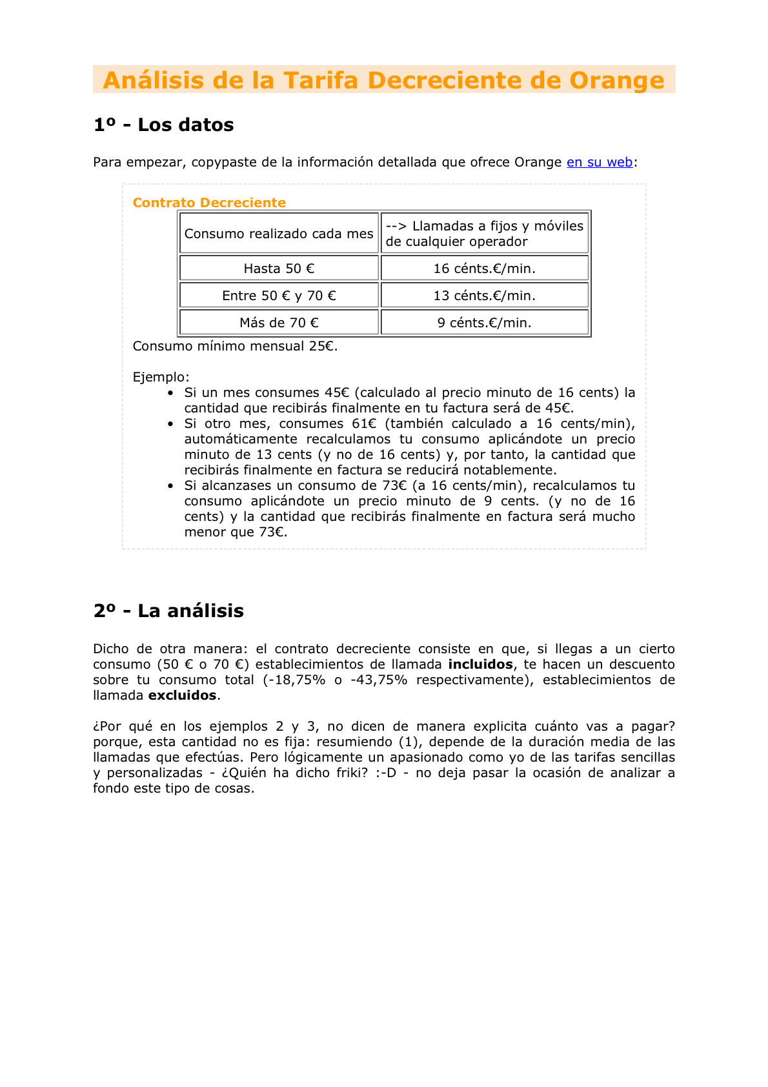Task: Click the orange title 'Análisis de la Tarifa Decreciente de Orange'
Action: pyautogui.click(x=383, y=80)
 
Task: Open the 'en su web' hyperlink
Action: pyautogui.click(x=599, y=162)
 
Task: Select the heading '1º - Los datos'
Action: pyautogui.click(x=163, y=125)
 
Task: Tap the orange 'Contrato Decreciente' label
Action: pyautogui.click(x=209, y=203)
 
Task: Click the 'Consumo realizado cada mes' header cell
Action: pyautogui.click(x=279, y=234)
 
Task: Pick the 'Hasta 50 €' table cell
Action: pyautogui.click(x=279, y=269)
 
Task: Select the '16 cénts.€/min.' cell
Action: pyautogui.click(x=484, y=269)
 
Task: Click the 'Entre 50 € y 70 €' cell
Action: pyautogui.click(x=279, y=296)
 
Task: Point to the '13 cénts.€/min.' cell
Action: pyautogui.click(x=484, y=296)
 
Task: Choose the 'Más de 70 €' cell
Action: pyautogui.click(x=279, y=323)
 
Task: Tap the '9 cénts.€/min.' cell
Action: pyautogui.click(x=484, y=323)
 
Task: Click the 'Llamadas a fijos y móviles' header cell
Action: pyautogui.click(x=484, y=234)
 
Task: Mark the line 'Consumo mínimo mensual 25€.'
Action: pyautogui.click(x=235, y=346)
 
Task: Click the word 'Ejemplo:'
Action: pyautogui.click(x=161, y=377)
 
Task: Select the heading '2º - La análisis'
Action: pyautogui.click(x=168, y=611)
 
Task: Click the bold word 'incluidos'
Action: pyautogui.click(x=480, y=664)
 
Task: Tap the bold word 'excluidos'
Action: pyautogui.click(x=183, y=695)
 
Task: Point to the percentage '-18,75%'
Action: pyautogui.click(x=294, y=680)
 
